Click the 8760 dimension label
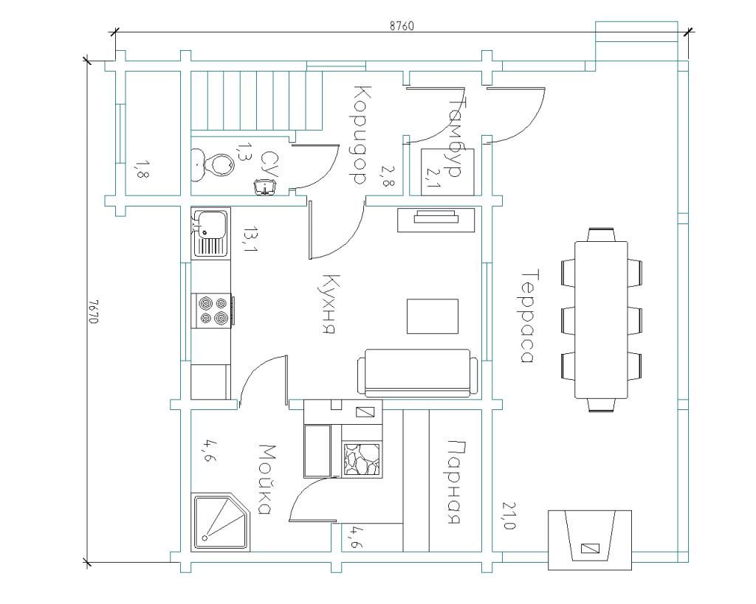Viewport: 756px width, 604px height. tap(402, 26)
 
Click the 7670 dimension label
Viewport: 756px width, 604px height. tap(94, 312)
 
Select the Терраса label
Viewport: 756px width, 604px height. tap(528, 316)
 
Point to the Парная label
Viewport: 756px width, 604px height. tap(455, 482)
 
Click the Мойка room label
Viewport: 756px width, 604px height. tap(266, 479)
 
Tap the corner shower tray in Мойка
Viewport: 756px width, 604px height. tap(221, 522)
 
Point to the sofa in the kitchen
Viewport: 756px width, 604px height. tap(418, 373)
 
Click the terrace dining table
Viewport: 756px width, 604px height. tap(601, 320)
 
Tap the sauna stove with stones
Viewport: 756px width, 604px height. tap(362, 460)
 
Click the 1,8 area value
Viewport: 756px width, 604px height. tap(141, 170)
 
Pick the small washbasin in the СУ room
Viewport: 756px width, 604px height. tap(265, 187)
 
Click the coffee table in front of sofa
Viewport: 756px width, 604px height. tap(433, 316)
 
